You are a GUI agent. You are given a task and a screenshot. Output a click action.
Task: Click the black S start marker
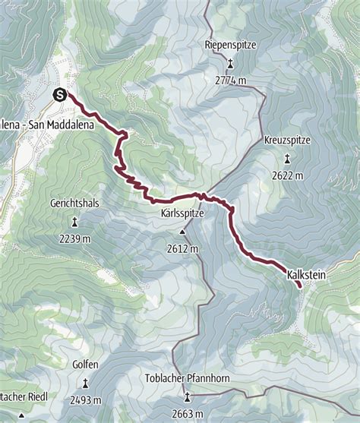point(60,94)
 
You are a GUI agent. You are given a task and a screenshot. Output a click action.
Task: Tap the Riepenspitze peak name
point(231,46)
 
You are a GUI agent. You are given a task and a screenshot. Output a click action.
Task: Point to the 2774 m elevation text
point(231,80)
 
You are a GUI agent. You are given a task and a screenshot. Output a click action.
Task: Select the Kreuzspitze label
point(288,141)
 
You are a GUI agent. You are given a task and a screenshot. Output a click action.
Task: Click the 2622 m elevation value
point(288,175)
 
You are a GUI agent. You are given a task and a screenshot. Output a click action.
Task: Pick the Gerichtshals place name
point(74,205)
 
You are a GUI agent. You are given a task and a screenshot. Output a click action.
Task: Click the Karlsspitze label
point(182,214)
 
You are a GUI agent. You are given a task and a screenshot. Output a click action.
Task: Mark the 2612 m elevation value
point(182,248)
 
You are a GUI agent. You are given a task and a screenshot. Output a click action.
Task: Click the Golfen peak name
point(85,365)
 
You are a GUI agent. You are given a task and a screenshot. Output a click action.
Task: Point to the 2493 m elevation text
point(85,400)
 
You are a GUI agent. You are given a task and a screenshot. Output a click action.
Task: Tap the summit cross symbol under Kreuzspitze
point(288,159)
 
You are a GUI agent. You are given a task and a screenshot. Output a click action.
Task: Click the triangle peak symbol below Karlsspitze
point(182,232)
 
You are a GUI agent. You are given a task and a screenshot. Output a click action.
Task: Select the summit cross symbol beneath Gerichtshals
point(74,223)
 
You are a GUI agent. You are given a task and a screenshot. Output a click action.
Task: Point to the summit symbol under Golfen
point(85,383)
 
